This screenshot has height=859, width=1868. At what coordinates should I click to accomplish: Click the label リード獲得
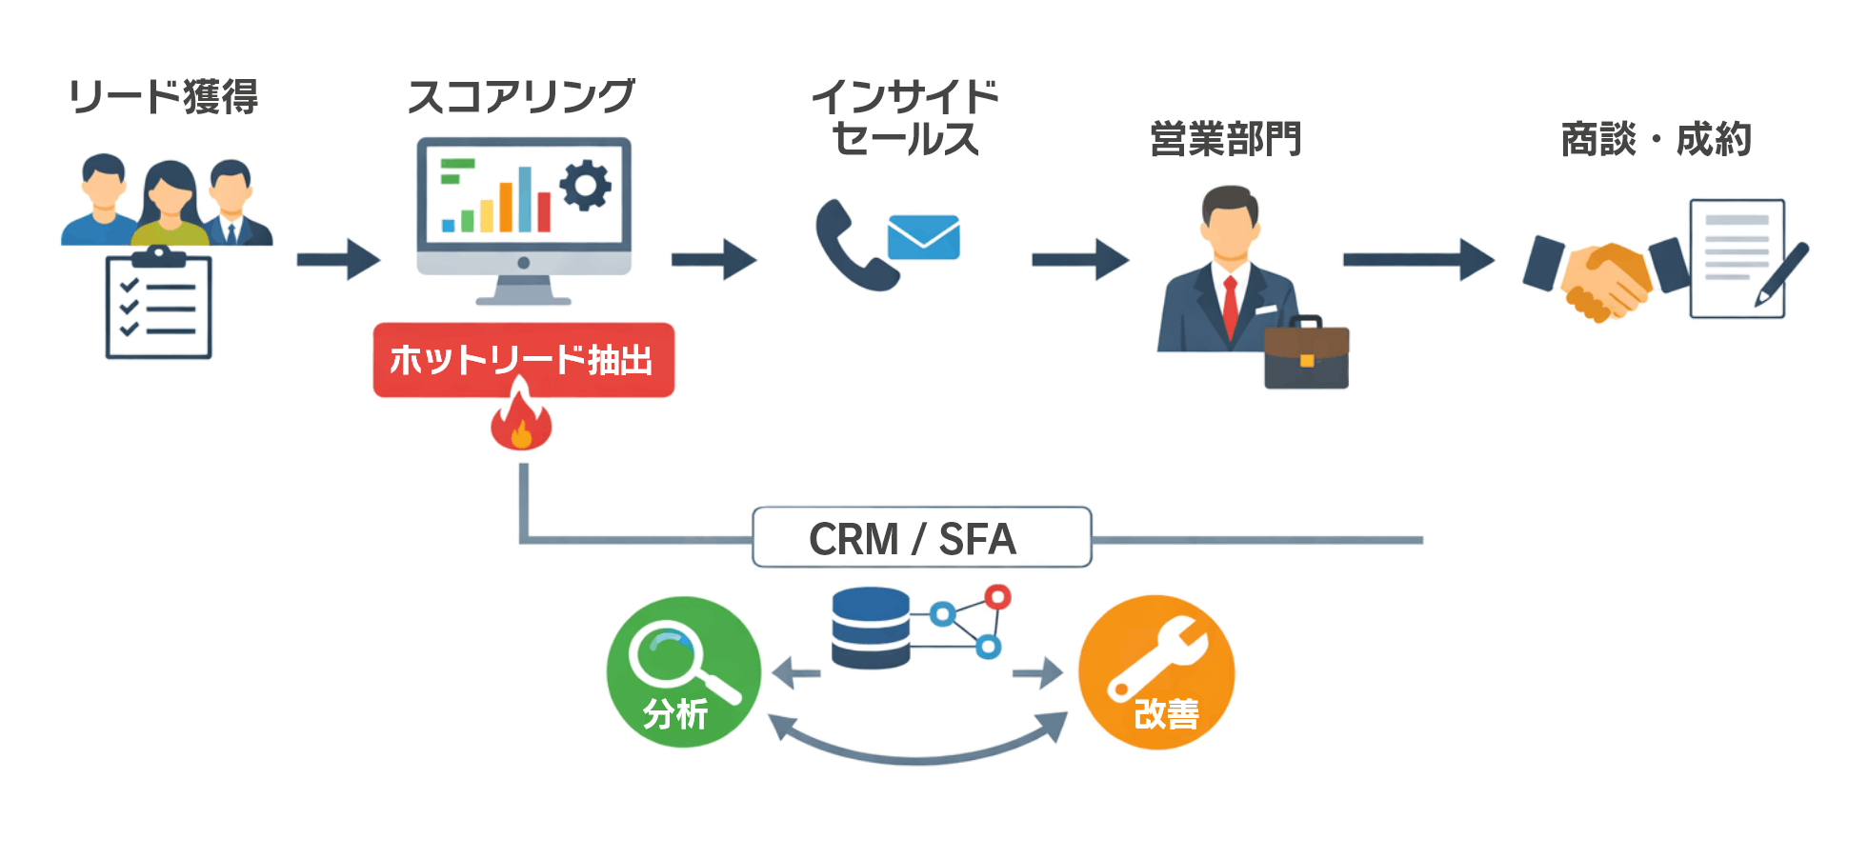click(163, 97)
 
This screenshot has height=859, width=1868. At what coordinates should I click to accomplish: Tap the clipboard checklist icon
click(158, 305)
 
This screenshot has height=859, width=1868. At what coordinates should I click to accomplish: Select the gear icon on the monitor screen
click(585, 185)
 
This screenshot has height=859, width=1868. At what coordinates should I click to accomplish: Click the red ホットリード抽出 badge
click(523, 360)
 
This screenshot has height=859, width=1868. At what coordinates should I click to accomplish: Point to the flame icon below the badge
click(521, 422)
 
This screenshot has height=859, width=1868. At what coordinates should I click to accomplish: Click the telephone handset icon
click(851, 246)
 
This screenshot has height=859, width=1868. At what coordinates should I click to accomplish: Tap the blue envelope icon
click(923, 237)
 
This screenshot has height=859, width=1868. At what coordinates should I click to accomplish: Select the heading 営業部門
click(1225, 139)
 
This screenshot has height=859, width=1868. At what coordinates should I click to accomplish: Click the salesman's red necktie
click(1230, 305)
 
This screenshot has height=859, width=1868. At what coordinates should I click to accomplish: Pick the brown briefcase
click(1306, 354)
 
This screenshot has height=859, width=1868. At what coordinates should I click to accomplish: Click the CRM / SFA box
click(921, 538)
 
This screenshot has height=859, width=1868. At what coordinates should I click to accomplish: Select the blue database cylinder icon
click(870, 628)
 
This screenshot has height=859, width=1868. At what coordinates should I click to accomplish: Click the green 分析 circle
click(683, 672)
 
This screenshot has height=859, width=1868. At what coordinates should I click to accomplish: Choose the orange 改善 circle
click(1156, 672)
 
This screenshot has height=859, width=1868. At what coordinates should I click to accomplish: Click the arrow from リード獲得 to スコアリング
click(338, 259)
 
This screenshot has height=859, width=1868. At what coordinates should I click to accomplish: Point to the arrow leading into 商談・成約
click(1417, 259)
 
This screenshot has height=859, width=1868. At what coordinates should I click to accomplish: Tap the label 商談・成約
click(1656, 140)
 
